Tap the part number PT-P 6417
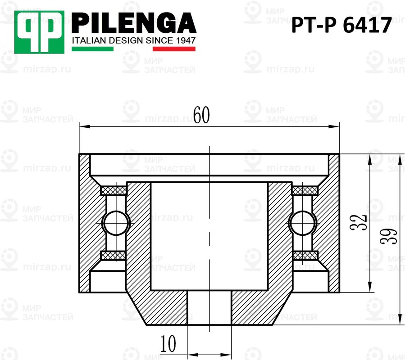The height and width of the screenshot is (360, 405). tap(341, 26)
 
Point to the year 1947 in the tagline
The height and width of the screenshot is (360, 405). tap(184, 41)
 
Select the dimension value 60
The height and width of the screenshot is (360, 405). tap(201, 116)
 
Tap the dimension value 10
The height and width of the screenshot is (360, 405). tap(168, 344)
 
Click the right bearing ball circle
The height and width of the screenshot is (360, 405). tap(302, 222)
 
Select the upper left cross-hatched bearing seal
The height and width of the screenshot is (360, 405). tap(114, 191)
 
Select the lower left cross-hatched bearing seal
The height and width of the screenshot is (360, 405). tap(114, 255)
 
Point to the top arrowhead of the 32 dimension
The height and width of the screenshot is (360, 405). tap(369, 158)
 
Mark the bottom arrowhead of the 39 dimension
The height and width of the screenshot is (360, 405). tap(400, 320)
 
